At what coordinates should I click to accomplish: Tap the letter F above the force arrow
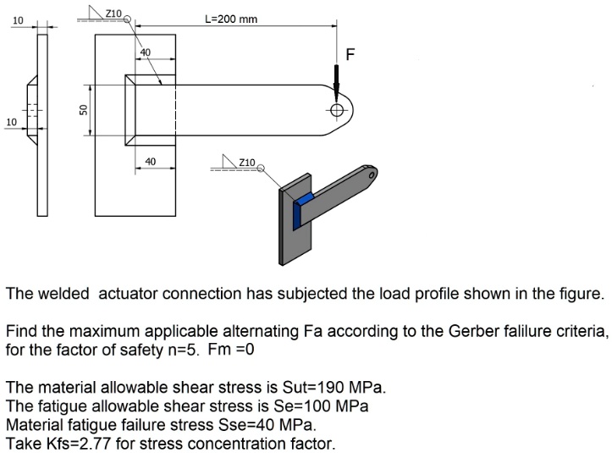[x=349, y=55]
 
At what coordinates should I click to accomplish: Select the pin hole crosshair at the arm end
[x=337, y=110]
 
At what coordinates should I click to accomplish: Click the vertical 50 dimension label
[x=83, y=110]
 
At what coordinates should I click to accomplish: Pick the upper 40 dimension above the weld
[x=145, y=52]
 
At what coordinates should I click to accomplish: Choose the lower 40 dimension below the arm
[x=150, y=161]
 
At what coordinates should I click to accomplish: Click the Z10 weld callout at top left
[x=113, y=14]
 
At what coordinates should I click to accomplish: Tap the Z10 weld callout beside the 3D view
[x=246, y=162]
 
